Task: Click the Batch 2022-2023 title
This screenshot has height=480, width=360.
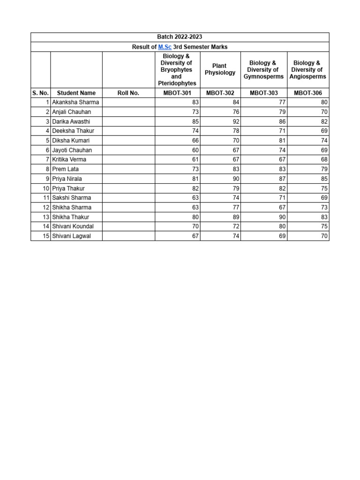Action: pos(180,37)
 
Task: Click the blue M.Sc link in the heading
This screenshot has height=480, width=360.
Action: pos(165,47)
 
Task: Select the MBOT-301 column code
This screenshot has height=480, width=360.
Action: pos(177,93)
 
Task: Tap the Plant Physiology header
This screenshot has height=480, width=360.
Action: pos(220,69)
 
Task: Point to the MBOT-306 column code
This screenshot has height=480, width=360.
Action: pos(308,93)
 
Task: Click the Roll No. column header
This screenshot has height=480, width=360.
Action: pos(128,93)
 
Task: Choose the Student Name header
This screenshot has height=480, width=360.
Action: pos(76,93)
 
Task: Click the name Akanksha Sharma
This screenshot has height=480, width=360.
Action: pos(75,102)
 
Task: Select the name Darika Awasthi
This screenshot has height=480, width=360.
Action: pos(71,121)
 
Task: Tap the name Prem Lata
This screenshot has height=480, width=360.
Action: pos(65,169)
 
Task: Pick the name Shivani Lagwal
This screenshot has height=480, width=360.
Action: pos(71,236)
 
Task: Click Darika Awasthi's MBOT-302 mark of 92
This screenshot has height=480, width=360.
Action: pos(236,121)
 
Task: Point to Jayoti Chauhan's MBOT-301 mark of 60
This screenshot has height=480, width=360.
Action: pos(195,150)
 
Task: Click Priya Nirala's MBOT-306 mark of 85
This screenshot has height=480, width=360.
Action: pos(324,179)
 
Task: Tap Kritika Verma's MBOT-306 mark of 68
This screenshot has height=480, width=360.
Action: pos(324,159)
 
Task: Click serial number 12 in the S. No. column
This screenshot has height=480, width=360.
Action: pos(46,208)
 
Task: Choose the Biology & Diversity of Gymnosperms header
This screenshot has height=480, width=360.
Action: pos(263,69)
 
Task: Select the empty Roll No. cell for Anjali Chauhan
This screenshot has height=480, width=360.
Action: pos(128,112)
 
